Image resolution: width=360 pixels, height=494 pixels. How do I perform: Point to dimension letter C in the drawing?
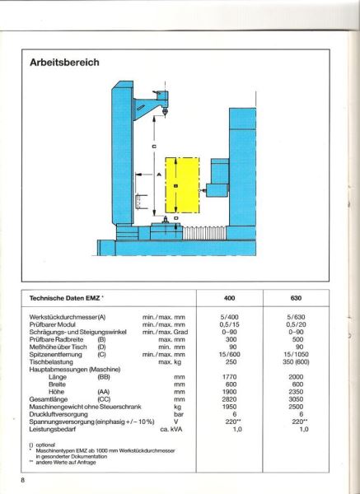154,147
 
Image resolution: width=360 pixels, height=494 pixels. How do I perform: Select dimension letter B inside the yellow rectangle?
177,187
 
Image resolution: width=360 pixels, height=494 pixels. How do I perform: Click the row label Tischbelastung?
53,361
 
